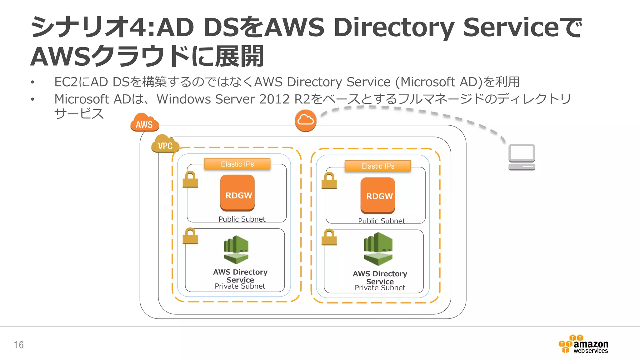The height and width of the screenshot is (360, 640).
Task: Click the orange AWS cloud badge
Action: click(x=144, y=123)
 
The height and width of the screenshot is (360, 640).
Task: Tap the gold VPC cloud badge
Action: click(x=165, y=144)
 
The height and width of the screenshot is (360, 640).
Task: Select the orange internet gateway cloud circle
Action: click(x=306, y=120)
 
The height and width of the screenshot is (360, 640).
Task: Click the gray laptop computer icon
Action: click(x=522, y=157)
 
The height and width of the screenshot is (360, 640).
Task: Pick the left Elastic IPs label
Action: click(x=237, y=164)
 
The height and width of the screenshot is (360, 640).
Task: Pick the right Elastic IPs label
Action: click(x=377, y=166)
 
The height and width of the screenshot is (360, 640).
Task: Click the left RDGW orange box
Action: click(x=237, y=193)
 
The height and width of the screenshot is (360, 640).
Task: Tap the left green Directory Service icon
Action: click(x=236, y=249)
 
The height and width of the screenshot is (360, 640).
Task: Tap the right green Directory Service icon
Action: click(x=378, y=249)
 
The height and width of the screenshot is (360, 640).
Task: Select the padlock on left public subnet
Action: click(x=190, y=179)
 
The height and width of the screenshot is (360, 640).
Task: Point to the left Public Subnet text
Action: click(x=242, y=219)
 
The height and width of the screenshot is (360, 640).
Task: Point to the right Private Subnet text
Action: click(x=380, y=288)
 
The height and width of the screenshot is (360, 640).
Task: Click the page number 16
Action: click(x=19, y=345)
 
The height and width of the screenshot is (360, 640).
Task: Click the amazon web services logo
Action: click(x=583, y=344)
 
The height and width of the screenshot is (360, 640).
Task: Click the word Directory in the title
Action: click(x=394, y=27)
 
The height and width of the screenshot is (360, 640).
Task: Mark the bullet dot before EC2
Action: click(x=32, y=82)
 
